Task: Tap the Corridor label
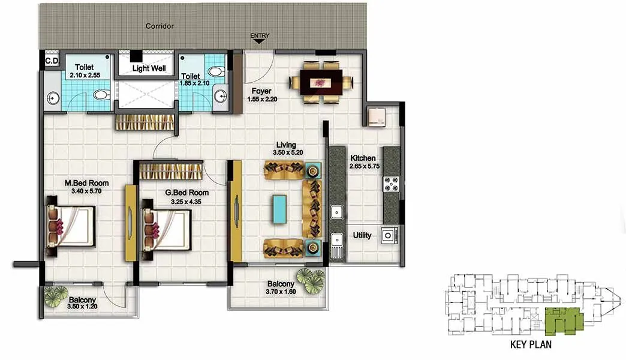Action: (x=159, y=26)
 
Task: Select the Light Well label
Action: (x=149, y=68)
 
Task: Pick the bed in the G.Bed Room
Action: (x=165, y=229)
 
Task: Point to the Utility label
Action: (x=362, y=235)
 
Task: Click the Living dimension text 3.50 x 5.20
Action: (x=286, y=153)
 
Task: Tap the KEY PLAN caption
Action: (x=530, y=345)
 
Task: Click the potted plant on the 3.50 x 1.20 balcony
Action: (x=57, y=295)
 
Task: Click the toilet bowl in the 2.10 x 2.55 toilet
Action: (x=101, y=95)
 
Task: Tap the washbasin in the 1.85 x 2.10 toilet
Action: (x=220, y=95)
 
